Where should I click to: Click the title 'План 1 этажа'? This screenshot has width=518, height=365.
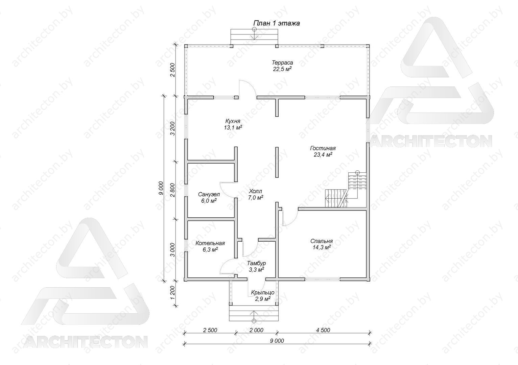pos(277,23)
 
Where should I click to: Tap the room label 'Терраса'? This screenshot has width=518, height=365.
pos(282,63)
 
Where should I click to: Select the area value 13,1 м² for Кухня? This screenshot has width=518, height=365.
pos(233,127)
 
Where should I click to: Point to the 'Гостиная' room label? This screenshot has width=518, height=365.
pos(323,148)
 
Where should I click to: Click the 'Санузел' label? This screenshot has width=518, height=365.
pos(209,194)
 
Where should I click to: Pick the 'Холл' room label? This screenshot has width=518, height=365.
pos(255,191)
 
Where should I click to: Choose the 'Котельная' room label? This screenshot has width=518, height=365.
pos(210,243)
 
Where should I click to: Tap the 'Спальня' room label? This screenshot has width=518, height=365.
pos(322,241)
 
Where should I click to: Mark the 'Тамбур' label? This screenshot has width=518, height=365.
pos(256,263)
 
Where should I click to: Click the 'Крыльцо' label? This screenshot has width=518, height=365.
pos(263,293)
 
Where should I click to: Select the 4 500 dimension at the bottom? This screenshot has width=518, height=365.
pos(323,330)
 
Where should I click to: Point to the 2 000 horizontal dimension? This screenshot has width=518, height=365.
pos(256,330)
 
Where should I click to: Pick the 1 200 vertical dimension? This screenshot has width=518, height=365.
pos(172,293)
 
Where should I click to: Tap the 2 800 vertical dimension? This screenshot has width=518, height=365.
pos(172,190)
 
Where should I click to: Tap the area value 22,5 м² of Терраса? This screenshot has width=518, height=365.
pos(282,69)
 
